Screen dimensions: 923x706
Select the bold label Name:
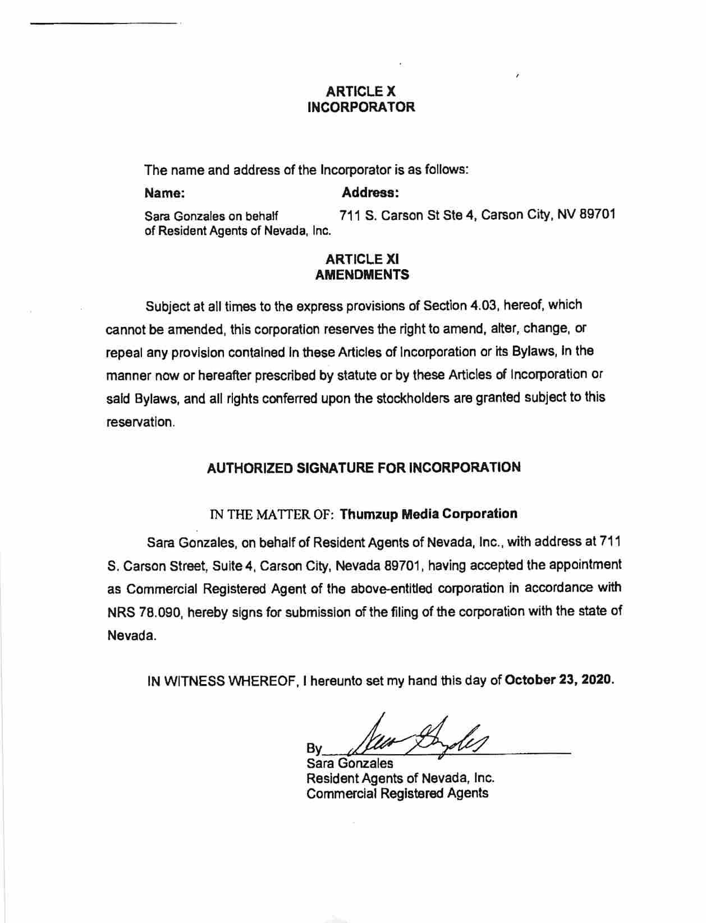pyautogui.click(x=164, y=193)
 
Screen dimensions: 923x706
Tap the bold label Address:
pyautogui.click(x=370, y=193)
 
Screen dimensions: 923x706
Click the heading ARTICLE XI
pyautogui.click(x=362, y=259)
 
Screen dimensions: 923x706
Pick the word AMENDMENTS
pyautogui.click(x=362, y=275)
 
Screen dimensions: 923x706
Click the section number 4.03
pyautogui.click(x=484, y=306)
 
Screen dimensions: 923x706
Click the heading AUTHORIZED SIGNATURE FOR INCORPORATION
pyautogui.click(x=364, y=467)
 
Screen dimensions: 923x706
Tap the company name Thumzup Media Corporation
pyautogui.click(x=429, y=514)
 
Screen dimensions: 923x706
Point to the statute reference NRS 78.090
pyautogui.click(x=144, y=612)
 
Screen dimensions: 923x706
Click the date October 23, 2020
pyautogui.click(x=558, y=680)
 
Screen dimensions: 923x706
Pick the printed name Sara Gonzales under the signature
pyautogui.click(x=349, y=763)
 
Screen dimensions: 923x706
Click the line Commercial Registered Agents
pyautogui.click(x=397, y=793)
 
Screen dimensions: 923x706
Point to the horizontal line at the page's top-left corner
pyautogui.click(x=104, y=24)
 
